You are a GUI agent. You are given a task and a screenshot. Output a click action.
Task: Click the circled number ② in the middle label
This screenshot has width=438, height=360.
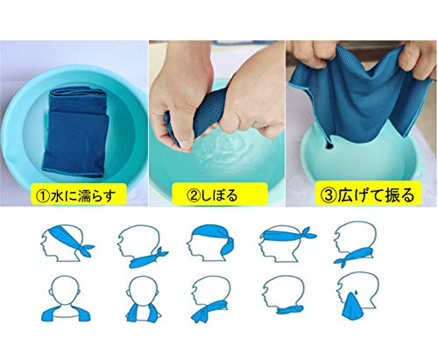tap(193, 195)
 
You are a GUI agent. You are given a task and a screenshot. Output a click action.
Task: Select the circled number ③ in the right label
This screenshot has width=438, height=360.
tap(328, 195)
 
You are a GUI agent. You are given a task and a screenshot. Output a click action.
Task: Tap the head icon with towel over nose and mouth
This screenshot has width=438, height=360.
tap(358, 295)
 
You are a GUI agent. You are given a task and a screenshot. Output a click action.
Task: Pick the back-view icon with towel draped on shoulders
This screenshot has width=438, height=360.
tap(66, 299)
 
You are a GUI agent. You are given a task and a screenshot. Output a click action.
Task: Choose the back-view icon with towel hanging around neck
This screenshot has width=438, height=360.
tap(143, 299)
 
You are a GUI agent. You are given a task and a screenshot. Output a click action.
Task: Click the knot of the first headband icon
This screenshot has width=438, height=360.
tap(85, 249)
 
